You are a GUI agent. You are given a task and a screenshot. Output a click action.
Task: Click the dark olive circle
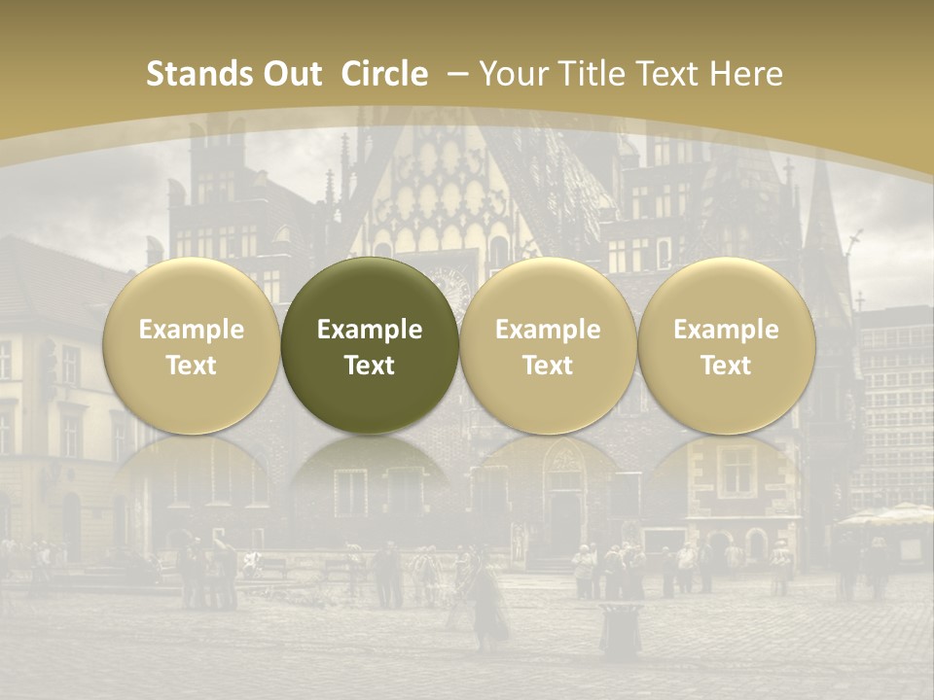click(x=370, y=346)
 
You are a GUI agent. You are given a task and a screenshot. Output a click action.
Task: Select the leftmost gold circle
click(x=192, y=346)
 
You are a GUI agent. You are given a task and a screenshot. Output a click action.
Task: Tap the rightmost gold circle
click(x=726, y=346)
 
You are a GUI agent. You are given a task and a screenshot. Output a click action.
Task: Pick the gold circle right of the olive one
click(x=548, y=346)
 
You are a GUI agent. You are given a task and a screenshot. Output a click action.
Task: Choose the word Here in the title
click(x=746, y=74)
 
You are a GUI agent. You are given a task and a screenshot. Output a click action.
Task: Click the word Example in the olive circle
click(x=370, y=330)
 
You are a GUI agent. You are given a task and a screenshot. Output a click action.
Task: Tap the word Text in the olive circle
click(x=370, y=366)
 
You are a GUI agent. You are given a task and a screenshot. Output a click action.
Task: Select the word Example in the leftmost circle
click(x=192, y=330)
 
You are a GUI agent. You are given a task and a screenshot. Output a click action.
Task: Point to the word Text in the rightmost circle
click(x=726, y=366)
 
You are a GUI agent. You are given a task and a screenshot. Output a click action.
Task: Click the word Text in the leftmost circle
click(x=192, y=366)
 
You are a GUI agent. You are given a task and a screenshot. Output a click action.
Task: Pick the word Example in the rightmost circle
click(x=726, y=330)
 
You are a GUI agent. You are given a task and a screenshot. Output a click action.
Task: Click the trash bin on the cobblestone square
click(x=621, y=628)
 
